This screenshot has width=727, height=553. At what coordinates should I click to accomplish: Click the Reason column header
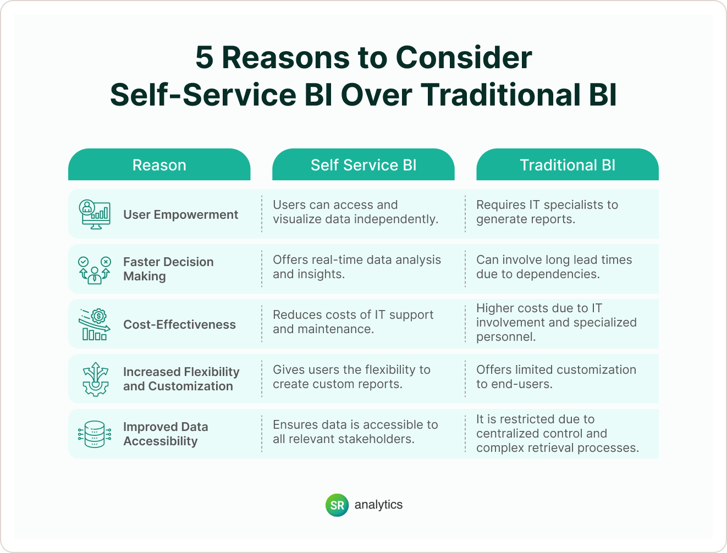click(x=159, y=165)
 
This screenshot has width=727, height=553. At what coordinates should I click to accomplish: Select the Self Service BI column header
click(x=364, y=165)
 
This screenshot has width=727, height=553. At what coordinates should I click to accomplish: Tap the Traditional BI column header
click(x=568, y=165)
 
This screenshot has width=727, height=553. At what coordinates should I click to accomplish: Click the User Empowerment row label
click(x=180, y=214)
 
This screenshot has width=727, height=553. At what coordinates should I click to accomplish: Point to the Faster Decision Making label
click(x=168, y=269)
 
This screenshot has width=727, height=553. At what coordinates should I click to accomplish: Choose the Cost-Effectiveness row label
click(x=179, y=324)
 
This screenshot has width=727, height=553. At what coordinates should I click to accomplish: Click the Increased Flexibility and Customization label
click(x=181, y=379)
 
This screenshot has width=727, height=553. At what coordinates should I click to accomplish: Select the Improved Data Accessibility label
click(x=166, y=434)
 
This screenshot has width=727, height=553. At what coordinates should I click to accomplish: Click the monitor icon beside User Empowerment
click(x=95, y=214)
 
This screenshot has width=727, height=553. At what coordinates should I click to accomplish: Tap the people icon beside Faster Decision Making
click(x=95, y=269)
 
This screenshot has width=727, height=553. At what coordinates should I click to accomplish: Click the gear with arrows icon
click(x=95, y=379)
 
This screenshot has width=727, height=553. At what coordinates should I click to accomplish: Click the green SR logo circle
click(x=337, y=505)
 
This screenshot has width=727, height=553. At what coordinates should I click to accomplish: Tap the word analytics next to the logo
click(x=378, y=505)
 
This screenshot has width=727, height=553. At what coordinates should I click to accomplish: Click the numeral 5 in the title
click(x=204, y=58)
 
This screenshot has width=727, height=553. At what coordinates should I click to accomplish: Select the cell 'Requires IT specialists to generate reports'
click(x=547, y=212)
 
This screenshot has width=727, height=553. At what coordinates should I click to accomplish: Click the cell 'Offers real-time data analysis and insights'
click(x=357, y=267)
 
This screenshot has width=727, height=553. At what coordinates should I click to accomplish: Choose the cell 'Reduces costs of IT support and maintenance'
click(x=353, y=322)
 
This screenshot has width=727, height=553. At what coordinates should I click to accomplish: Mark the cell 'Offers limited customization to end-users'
click(x=556, y=377)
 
